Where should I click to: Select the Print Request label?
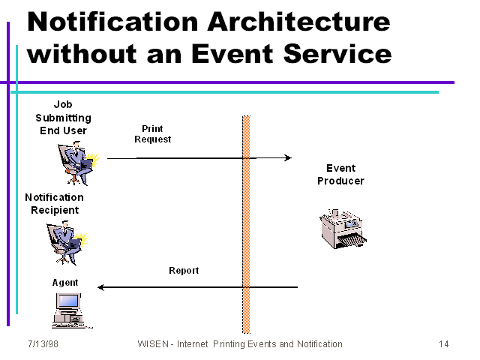152,133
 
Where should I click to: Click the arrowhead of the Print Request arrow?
288,157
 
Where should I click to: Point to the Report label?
184,271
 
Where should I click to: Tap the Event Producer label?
340,174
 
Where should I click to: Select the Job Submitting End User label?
63,118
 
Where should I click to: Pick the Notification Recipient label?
54,203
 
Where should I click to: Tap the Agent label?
64,283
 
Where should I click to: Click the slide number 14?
443,344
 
